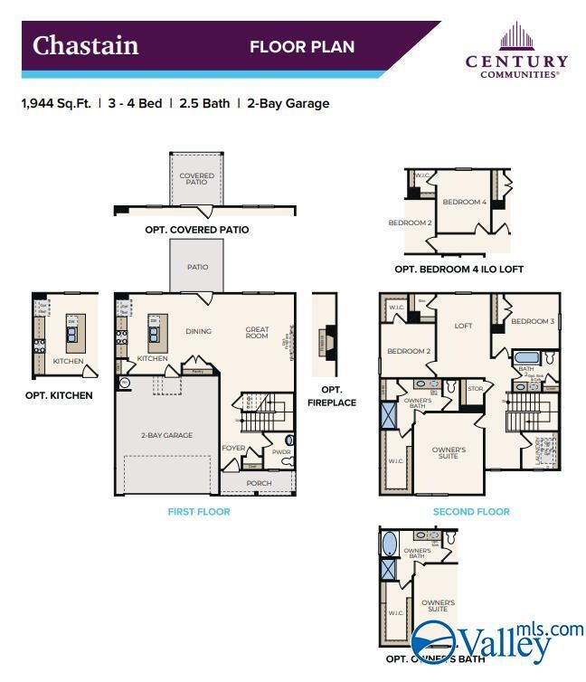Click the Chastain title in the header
click(86, 45)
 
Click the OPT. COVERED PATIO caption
click(196, 230)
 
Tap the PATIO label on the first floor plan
click(197, 267)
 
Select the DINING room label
click(199, 331)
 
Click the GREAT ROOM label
click(257, 332)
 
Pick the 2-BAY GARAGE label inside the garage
click(166, 435)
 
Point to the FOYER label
click(233, 447)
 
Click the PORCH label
click(259, 483)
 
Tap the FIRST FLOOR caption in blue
click(199, 512)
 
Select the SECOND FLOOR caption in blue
click(471, 512)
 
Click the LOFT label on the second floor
click(463, 326)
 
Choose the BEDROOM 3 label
click(533, 321)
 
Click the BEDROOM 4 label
click(465, 202)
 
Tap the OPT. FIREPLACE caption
click(331, 396)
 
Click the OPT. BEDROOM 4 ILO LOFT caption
click(458, 270)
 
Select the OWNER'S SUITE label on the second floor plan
click(448, 452)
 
